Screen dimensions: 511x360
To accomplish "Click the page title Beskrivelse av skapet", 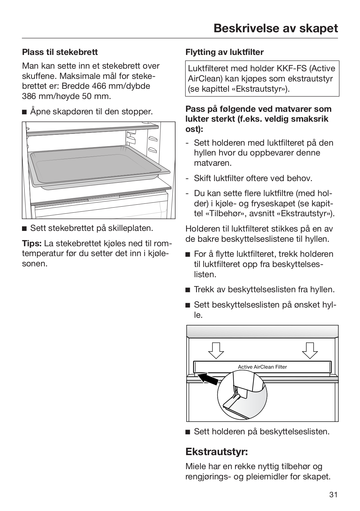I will pyautogui.click(x=275, y=28).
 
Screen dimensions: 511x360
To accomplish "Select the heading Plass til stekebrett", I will pyautogui.click(x=60, y=52).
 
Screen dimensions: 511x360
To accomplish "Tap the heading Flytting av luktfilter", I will pyautogui.click(x=224, y=52).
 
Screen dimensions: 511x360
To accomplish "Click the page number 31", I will pyautogui.click(x=333, y=495).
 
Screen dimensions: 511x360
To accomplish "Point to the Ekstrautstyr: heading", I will pyautogui.click(x=217, y=452).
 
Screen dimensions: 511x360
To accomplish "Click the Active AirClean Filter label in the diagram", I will pyautogui.click(x=262, y=367).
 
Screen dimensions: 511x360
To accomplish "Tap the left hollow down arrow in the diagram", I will pyautogui.click(x=216, y=351).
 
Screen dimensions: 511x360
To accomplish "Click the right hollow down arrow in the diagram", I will pyautogui.click(x=310, y=351).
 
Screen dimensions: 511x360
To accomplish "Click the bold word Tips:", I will pyautogui.click(x=32, y=243).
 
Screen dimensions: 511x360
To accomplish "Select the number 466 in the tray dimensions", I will pyautogui.click(x=99, y=86).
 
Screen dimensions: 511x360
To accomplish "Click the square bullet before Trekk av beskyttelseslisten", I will pyautogui.click(x=188, y=290).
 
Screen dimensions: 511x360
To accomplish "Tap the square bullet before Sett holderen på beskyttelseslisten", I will pyautogui.click(x=188, y=432).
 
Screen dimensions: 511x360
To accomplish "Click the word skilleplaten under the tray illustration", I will pyautogui.click(x=131, y=228).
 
